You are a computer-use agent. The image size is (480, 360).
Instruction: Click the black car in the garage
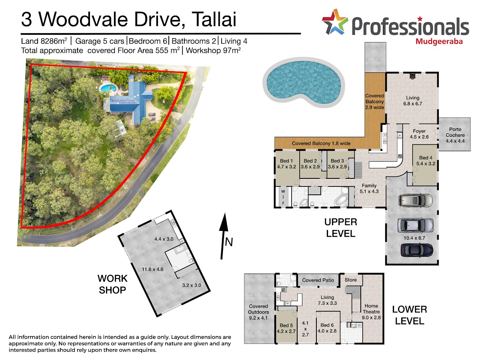click(x=417, y=250)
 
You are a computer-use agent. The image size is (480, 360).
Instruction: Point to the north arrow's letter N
click(x=229, y=242)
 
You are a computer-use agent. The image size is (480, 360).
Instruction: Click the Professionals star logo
click(x=335, y=22)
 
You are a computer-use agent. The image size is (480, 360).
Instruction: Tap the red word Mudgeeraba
click(x=439, y=42)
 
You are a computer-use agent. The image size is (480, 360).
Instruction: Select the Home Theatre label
click(x=371, y=309)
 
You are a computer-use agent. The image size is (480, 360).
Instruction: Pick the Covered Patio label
click(x=318, y=280)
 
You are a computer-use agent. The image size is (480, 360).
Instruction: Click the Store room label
click(x=350, y=280)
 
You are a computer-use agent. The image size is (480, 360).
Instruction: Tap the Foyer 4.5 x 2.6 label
click(x=419, y=134)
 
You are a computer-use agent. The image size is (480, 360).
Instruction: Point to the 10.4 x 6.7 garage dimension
click(x=414, y=238)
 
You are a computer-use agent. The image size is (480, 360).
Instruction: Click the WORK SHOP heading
click(x=112, y=284)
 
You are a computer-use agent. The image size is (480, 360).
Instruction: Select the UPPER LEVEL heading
click(x=340, y=228)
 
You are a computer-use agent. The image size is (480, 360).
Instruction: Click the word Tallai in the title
click(x=214, y=19)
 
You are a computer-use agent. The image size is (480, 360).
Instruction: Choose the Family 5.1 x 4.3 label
click(x=369, y=188)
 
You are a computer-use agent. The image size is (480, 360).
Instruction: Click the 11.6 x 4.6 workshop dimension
click(x=153, y=269)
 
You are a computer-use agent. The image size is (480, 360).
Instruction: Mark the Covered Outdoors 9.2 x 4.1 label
click(x=258, y=312)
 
